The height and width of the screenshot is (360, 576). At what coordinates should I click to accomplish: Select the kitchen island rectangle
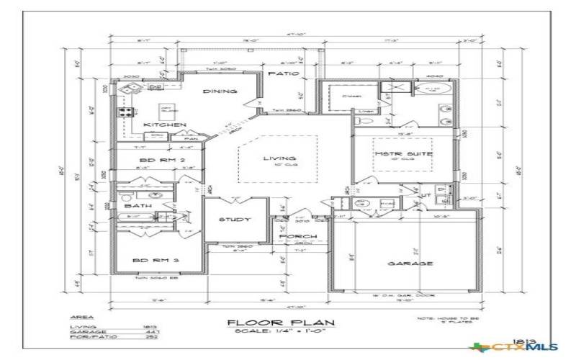(x=169, y=110)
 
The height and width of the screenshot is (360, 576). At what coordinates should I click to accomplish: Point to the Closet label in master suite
(x=351, y=96)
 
